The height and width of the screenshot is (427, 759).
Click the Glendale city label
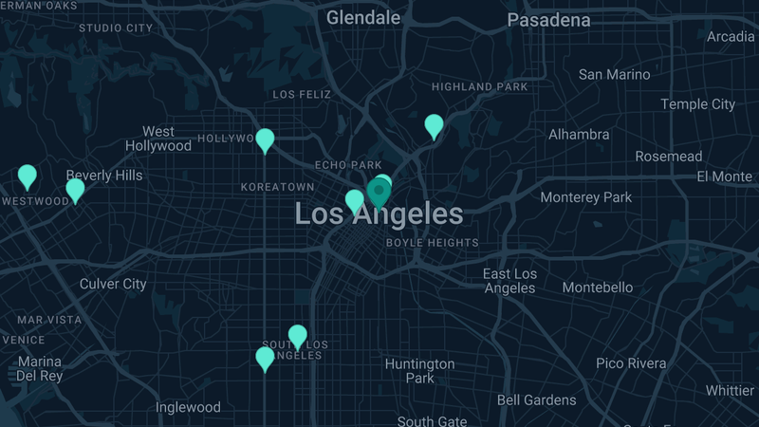363,17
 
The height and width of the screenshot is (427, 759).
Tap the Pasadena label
548,20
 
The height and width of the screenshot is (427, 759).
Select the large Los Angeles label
379,214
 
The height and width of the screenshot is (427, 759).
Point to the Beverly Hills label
104,176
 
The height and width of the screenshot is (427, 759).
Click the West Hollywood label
158,139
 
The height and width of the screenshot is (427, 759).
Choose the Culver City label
113,284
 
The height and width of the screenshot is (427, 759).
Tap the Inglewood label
188,407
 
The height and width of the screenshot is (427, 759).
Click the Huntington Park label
419,371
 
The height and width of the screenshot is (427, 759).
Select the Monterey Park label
585,197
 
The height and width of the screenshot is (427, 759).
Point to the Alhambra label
579,135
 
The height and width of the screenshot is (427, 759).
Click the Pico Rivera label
631,363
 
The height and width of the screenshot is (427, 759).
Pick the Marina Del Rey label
40,368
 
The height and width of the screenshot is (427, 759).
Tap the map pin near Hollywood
265,140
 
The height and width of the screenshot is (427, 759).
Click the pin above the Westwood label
28,176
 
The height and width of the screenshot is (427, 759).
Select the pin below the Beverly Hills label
75,191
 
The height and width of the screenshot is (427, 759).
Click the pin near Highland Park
434,125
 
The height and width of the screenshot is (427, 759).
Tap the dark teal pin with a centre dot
379,194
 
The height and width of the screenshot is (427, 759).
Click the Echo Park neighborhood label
348,165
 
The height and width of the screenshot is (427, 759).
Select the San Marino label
615,74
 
